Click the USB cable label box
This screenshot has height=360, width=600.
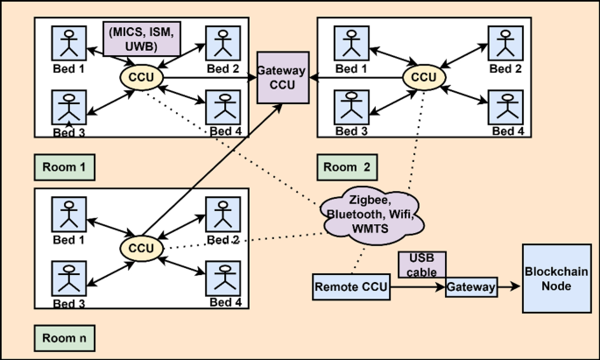422,264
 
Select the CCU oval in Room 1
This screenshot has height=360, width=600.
141,77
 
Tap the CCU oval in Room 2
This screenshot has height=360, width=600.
424,77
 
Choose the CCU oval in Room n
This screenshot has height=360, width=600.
141,249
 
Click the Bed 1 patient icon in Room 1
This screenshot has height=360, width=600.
67,43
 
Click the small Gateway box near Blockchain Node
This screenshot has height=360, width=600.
470,286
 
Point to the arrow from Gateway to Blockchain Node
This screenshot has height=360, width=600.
508,286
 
